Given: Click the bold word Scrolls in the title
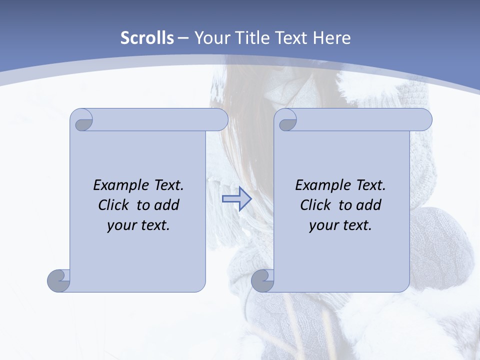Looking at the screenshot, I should [147, 38].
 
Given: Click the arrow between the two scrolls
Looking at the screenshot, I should [237, 199].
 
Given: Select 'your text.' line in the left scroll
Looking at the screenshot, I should [138, 225].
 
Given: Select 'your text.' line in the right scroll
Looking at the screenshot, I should [340, 225].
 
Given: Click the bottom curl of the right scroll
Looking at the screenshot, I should [262, 280].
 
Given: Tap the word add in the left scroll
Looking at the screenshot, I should [167, 205].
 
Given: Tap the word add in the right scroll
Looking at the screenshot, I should [369, 205].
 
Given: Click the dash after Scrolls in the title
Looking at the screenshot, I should [183, 38].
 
